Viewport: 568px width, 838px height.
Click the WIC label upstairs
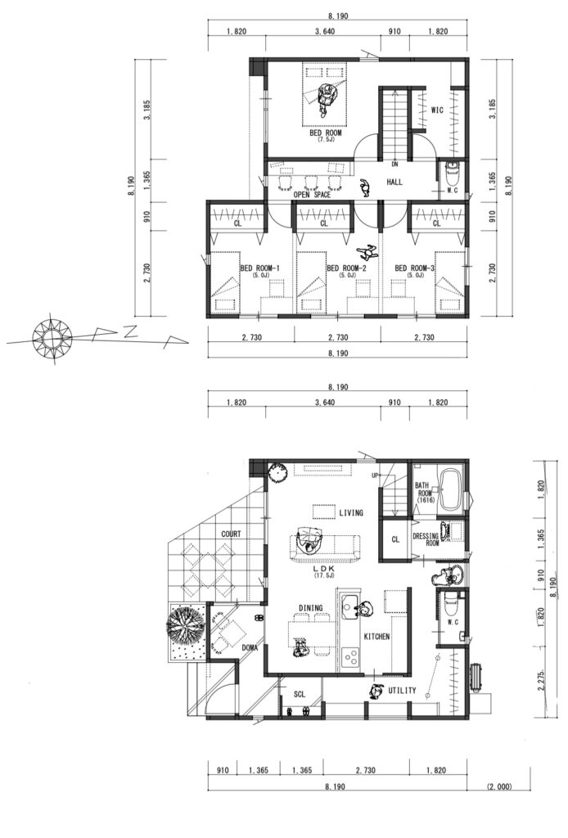click(x=437, y=110)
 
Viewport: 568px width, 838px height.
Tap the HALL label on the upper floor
click(x=394, y=182)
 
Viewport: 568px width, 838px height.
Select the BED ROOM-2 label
click(x=345, y=268)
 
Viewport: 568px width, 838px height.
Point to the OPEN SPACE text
click(x=312, y=195)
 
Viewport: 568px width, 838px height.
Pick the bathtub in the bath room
click(x=452, y=490)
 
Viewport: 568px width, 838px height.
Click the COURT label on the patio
click(x=231, y=534)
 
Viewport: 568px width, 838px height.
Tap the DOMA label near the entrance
click(x=250, y=648)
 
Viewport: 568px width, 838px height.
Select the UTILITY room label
click(x=402, y=691)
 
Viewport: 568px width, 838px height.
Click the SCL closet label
click(x=300, y=694)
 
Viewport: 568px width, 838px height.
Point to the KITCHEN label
click(x=376, y=637)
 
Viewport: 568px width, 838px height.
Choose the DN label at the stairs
click(x=394, y=164)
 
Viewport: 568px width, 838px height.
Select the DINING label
click(x=310, y=608)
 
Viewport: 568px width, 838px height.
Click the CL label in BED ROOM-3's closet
click(x=436, y=223)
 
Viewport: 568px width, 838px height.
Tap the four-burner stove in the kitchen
click(x=350, y=657)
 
